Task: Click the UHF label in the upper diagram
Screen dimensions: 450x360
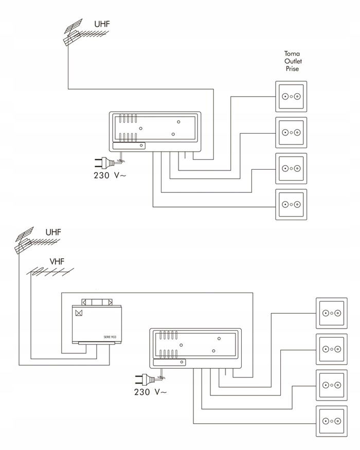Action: (102, 24)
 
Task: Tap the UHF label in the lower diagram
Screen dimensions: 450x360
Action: (53, 232)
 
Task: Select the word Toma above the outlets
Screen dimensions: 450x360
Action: (292, 53)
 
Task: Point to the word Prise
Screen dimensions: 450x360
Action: (292, 68)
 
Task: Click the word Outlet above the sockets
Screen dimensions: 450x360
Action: (292, 61)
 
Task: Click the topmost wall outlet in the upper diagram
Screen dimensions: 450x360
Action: (292, 96)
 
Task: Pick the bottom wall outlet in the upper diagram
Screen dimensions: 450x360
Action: (292, 205)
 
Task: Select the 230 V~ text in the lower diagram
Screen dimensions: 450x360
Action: (149, 392)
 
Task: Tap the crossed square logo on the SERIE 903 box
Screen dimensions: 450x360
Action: (79, 312)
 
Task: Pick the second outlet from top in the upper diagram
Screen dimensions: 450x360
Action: (292, 132)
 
